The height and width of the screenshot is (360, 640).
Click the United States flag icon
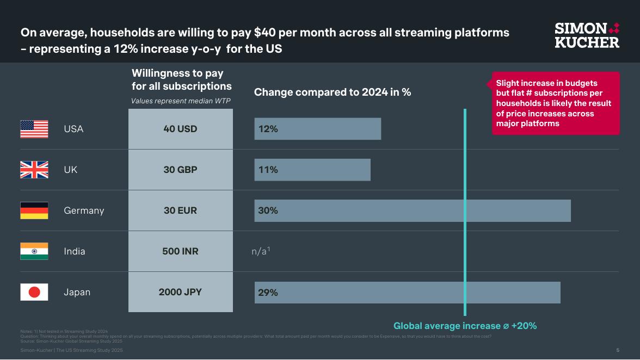34,129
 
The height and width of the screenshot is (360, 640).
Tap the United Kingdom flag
34,170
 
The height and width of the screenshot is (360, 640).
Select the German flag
34,210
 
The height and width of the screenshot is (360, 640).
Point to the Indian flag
34,251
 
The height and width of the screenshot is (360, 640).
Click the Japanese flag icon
34,292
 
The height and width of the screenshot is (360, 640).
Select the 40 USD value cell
180,129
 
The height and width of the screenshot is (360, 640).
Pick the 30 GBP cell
180,170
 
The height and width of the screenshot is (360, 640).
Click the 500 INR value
180,251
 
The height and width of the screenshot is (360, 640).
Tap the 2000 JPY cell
180,292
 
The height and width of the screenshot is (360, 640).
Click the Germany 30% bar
412,210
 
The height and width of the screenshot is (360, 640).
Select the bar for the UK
312,170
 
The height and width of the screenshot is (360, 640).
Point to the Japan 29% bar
407,292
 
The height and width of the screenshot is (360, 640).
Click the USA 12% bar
317,129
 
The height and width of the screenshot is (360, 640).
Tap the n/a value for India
261,251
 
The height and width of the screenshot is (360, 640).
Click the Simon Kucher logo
587,35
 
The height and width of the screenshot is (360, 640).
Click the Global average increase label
465,326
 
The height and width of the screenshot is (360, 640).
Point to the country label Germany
84,210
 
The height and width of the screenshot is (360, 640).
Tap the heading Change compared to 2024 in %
332,92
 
